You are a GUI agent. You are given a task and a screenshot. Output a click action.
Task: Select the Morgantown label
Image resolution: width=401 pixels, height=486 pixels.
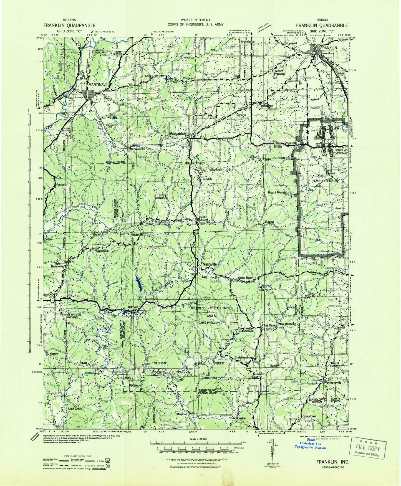[179, 134]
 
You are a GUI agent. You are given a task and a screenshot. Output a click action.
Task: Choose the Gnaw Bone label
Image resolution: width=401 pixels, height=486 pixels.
[245, 278]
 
